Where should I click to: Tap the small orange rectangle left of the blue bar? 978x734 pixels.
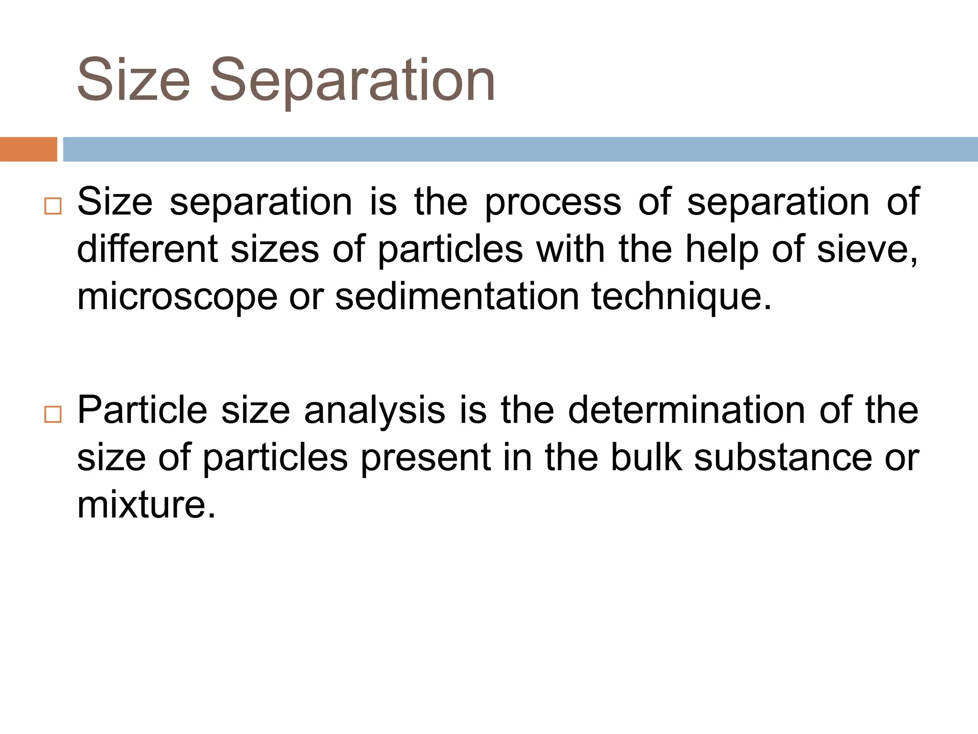pos(28,149)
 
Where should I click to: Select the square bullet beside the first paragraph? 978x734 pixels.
pos(53,206)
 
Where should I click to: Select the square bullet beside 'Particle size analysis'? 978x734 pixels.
pos(53,414)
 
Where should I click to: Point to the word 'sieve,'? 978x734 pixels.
pos(867,249)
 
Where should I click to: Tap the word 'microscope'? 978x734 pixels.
pos(177,297)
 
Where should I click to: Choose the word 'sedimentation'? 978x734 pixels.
pos(457,296)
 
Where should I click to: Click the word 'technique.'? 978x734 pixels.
pos(681,297)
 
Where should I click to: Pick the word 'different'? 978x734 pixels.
pos(147,249)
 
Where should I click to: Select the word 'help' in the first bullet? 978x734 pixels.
pos(722,249)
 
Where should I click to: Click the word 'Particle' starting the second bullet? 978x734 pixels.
pos(142,410)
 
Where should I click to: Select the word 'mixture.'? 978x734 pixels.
pos(146,505)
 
